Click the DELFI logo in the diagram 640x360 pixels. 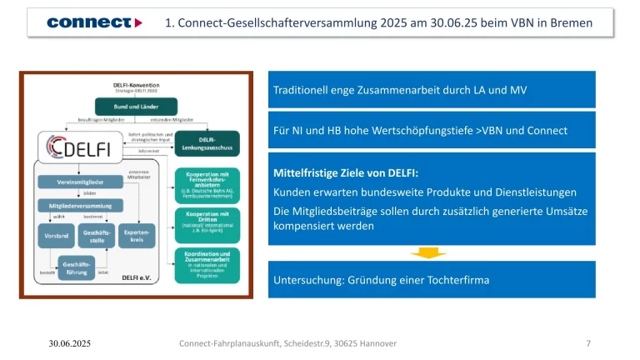tap(77, 147)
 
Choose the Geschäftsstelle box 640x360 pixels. tap(93, 236)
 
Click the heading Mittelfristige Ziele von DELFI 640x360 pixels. tap(346, 174)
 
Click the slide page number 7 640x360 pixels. tap(589, 343)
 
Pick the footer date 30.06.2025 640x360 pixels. tap(69, 343)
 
